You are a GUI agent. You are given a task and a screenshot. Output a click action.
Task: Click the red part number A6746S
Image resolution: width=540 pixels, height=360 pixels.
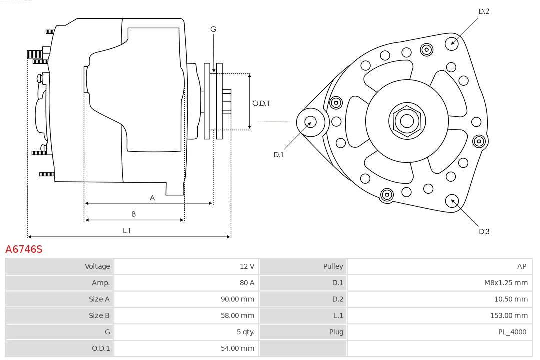pyautogui.click(x=24, y=249)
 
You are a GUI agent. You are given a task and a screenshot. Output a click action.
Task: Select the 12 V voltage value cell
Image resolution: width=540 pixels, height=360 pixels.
pyautogui.click(x=247, y=266)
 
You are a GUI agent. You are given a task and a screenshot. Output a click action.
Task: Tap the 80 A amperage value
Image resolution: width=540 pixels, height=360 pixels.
pyautogui.click(x=247, y=283)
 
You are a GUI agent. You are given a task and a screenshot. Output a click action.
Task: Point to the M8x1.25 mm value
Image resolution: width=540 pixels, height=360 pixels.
pyautogui.click(x=506, y=283)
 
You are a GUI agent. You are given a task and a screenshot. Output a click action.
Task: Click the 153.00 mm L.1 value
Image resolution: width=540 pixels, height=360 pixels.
pyautogui.click(x=509, y=315)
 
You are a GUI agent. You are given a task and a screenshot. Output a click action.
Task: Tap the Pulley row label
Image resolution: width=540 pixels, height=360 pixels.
pyautogui.click(x=333, y=266)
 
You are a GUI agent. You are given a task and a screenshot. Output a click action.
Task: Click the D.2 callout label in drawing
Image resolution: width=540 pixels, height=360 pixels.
pyautogui.click(x=483, y=11)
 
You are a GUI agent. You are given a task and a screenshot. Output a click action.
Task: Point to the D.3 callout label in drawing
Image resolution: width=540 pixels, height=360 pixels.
pyautogui.click(x=484, y=231)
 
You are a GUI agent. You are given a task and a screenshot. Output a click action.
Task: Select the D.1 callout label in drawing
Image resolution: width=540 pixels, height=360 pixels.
pyautogui.click(x=278, y=155)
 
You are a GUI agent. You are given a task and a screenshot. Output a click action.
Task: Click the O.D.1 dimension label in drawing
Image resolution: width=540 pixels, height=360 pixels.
pyautogui.click(x=261, y=103)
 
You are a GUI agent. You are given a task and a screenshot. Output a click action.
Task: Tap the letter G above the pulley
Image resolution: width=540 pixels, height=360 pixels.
pyautogui.click(x=213, y=29)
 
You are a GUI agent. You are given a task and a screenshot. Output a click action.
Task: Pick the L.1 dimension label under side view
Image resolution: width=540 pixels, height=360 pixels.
pyautogui.click(x=127, y=230)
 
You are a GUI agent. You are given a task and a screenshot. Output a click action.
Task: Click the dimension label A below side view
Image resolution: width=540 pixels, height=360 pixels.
pyautogui.click(x=152, y=198)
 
